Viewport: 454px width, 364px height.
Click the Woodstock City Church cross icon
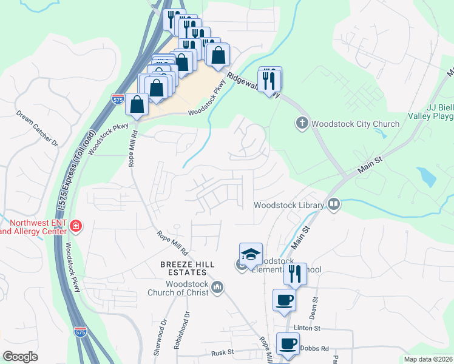pyautogui.click(x=302, y=124)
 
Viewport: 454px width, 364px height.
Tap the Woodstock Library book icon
pyautogui.click(x=333, y=205)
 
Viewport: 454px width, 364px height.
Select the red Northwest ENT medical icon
pyautogui.click(x=76, y=226)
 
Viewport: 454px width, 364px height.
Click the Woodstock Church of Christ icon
pyautogui.click(x=219, y=287)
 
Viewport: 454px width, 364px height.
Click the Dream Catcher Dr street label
pyautogui.click(x=37, y=128)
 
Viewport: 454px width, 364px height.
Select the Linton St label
pyautogui.click(x=307, y=328)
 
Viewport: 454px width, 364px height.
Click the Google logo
pyautogui.click(x=20, y=357)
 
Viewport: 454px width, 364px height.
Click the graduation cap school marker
pyautogui.click(x=251, y=254)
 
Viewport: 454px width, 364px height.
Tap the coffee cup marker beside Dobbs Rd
pyautogui.click(x=288, y=343)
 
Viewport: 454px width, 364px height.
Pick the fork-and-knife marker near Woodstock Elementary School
pyautogui.click(x=295, y=274)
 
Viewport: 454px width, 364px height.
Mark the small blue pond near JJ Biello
pyautogui.click(x=427, y=177)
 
